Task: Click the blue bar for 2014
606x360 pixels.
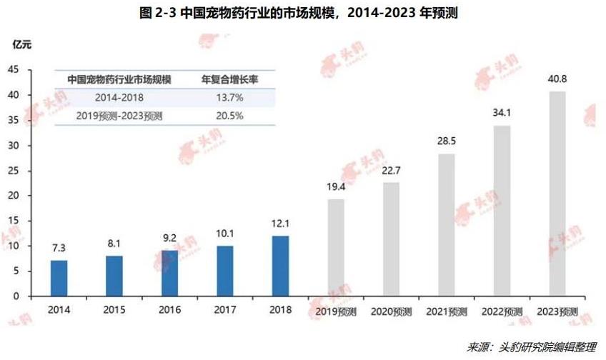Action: (x=59, y=278)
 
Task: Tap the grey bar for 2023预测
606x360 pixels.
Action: (x=558, y=194)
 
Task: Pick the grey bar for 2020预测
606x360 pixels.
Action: (x=392, y=239)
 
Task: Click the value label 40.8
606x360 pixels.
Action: (x=558, y=79)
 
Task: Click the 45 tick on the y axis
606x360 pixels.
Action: (x=14, y=69)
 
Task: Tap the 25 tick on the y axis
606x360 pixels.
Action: (x=14, y=170)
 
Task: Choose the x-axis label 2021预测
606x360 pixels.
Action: (x=447, y=312)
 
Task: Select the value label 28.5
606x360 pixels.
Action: (x=447, y=141)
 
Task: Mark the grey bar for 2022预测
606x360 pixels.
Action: (x=502, y=211)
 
